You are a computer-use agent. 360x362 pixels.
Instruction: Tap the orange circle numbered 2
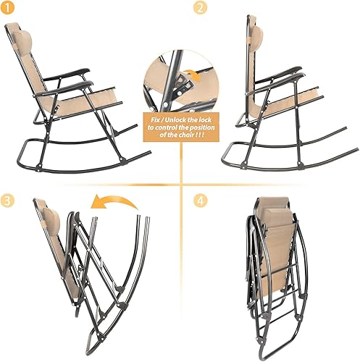[198, 9]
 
